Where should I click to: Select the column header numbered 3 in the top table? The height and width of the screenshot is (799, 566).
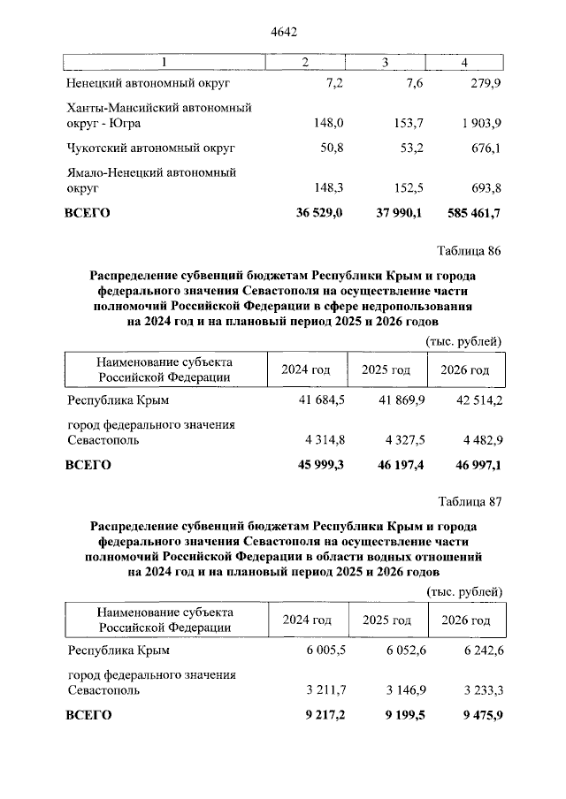(386, 62)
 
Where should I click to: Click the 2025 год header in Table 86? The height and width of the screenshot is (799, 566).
(386, 370)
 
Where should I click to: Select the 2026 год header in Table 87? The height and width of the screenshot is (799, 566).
(465, 620)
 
